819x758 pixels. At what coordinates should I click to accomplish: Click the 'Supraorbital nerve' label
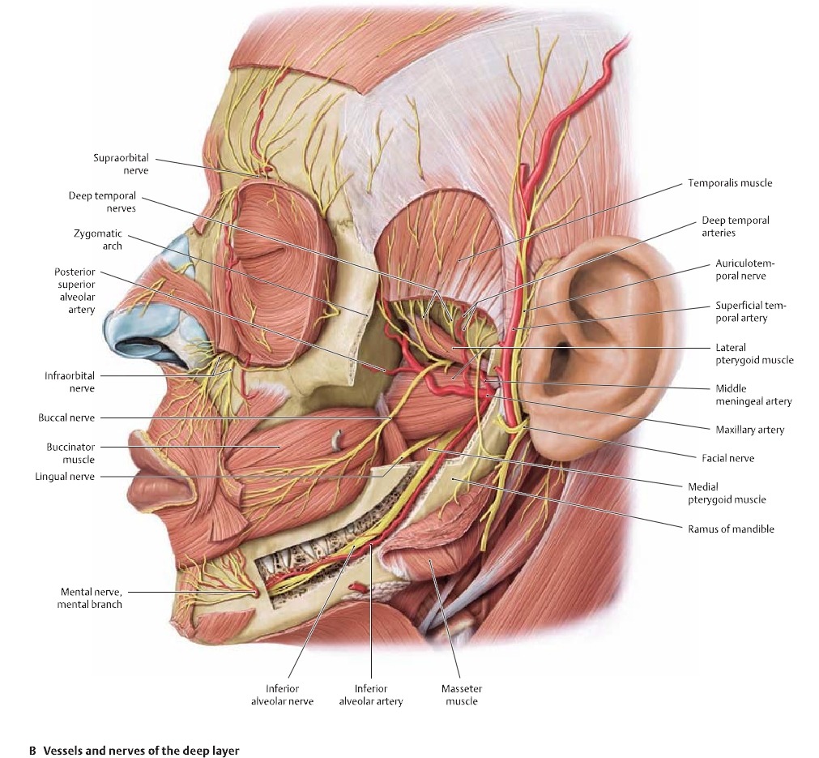pos(122,165)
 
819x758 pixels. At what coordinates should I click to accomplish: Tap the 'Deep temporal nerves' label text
pos(102,202)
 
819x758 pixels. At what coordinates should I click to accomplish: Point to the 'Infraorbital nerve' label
pos(70,382)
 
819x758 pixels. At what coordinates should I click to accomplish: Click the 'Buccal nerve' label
pos(66,418)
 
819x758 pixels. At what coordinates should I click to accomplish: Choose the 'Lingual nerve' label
pos(65,477)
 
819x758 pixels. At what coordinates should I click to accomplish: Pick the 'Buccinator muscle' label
pos(70,452)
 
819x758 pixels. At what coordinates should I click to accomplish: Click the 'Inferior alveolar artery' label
pos(370,695)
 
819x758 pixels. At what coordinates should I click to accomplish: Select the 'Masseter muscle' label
pos(461,695)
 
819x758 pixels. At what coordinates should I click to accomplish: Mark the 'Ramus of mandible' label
pos(731,529)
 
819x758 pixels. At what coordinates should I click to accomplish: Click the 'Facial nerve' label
pos(728,458)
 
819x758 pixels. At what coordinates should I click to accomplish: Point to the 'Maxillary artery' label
pos(749,430)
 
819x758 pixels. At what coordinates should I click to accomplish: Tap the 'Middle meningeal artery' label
pos(753,395)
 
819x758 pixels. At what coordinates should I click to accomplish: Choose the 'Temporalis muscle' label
pos(730,183)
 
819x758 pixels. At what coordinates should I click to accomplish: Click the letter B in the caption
pos(33,750)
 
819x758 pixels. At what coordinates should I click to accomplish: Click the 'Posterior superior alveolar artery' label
pos(75,290)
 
